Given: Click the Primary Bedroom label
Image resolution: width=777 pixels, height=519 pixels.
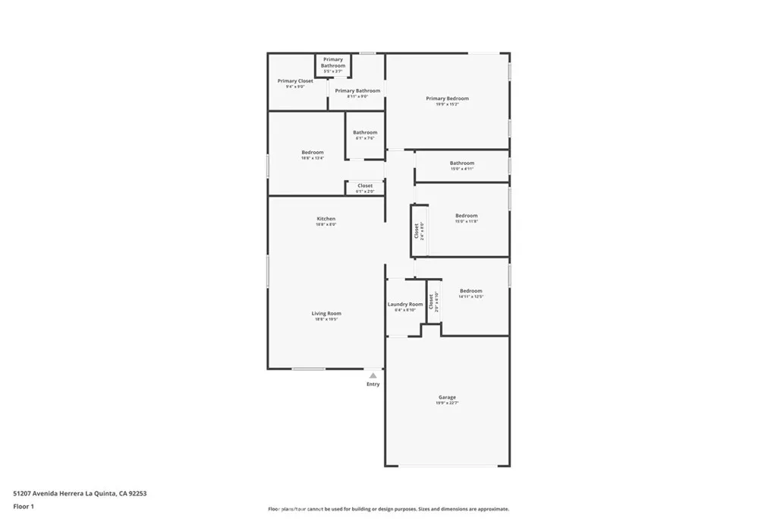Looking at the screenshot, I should click(x=447, y=98).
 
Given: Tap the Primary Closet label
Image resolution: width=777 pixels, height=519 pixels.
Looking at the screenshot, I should click(x=295, y=81).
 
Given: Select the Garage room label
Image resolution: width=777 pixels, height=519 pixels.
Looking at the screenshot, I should click(x=447, y=397).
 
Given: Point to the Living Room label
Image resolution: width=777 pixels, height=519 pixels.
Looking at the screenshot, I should click(x=326, y=313).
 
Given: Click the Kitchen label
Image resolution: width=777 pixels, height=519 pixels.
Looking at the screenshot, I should click(x=326, y=219).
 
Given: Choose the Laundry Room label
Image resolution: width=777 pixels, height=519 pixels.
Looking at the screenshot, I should click(x=405, y=304).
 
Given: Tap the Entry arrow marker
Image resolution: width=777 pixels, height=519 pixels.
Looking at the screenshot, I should click(x=373, y=375).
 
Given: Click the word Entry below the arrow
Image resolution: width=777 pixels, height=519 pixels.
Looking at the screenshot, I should click(x=373, y=384).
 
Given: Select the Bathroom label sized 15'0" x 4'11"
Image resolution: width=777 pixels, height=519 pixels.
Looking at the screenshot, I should click(x=461, y=163).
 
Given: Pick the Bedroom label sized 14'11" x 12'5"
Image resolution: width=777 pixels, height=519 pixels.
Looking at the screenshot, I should click(x=470, y=290).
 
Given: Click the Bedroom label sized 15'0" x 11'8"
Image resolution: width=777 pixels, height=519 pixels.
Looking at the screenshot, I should click(x=466, y=215).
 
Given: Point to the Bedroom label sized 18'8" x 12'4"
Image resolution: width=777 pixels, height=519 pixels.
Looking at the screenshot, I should click(x=313, y=152).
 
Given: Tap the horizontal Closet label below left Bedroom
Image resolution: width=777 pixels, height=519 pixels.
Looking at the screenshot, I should click(x=365, y=185).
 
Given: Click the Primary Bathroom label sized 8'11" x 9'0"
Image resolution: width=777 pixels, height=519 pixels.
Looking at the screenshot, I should click(x=357, y=90).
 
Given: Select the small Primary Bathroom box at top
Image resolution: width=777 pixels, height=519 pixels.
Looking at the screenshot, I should click(x=333, y=62).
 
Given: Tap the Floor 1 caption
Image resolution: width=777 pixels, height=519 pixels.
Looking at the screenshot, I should click(x=24, y=505).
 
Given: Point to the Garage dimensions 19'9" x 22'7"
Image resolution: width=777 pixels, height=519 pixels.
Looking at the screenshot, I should click(x=447, y=403).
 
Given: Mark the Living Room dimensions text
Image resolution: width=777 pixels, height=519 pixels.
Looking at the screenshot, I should click(x=326, y=319).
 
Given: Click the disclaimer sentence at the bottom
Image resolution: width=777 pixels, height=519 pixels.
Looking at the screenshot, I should click(x=388, y=509).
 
